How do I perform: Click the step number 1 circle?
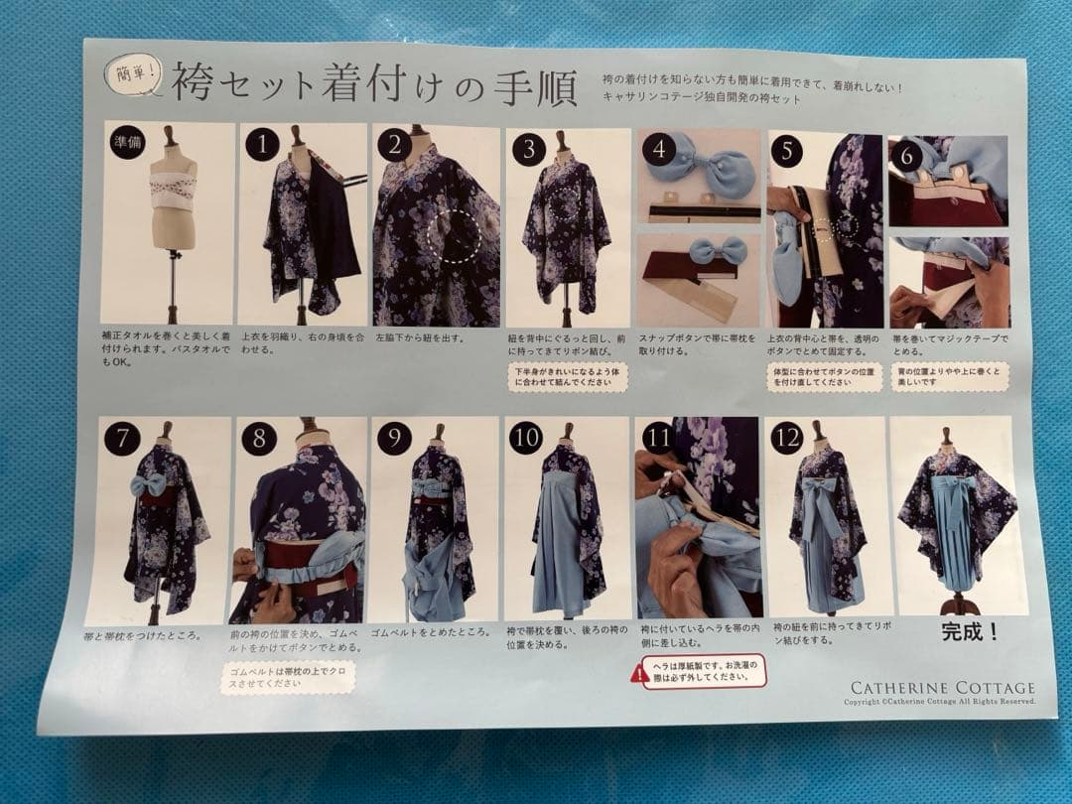click(x=261, y=145)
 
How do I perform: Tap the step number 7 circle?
click(x=122, y=438)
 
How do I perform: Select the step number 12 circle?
click(x=787, y=437)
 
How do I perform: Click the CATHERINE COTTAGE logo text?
click(x=942, y=688)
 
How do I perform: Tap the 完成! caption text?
click(x=970, y=632)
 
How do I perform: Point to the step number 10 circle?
click(x=526, y=437)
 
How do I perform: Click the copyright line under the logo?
click(x=939, y=702)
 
